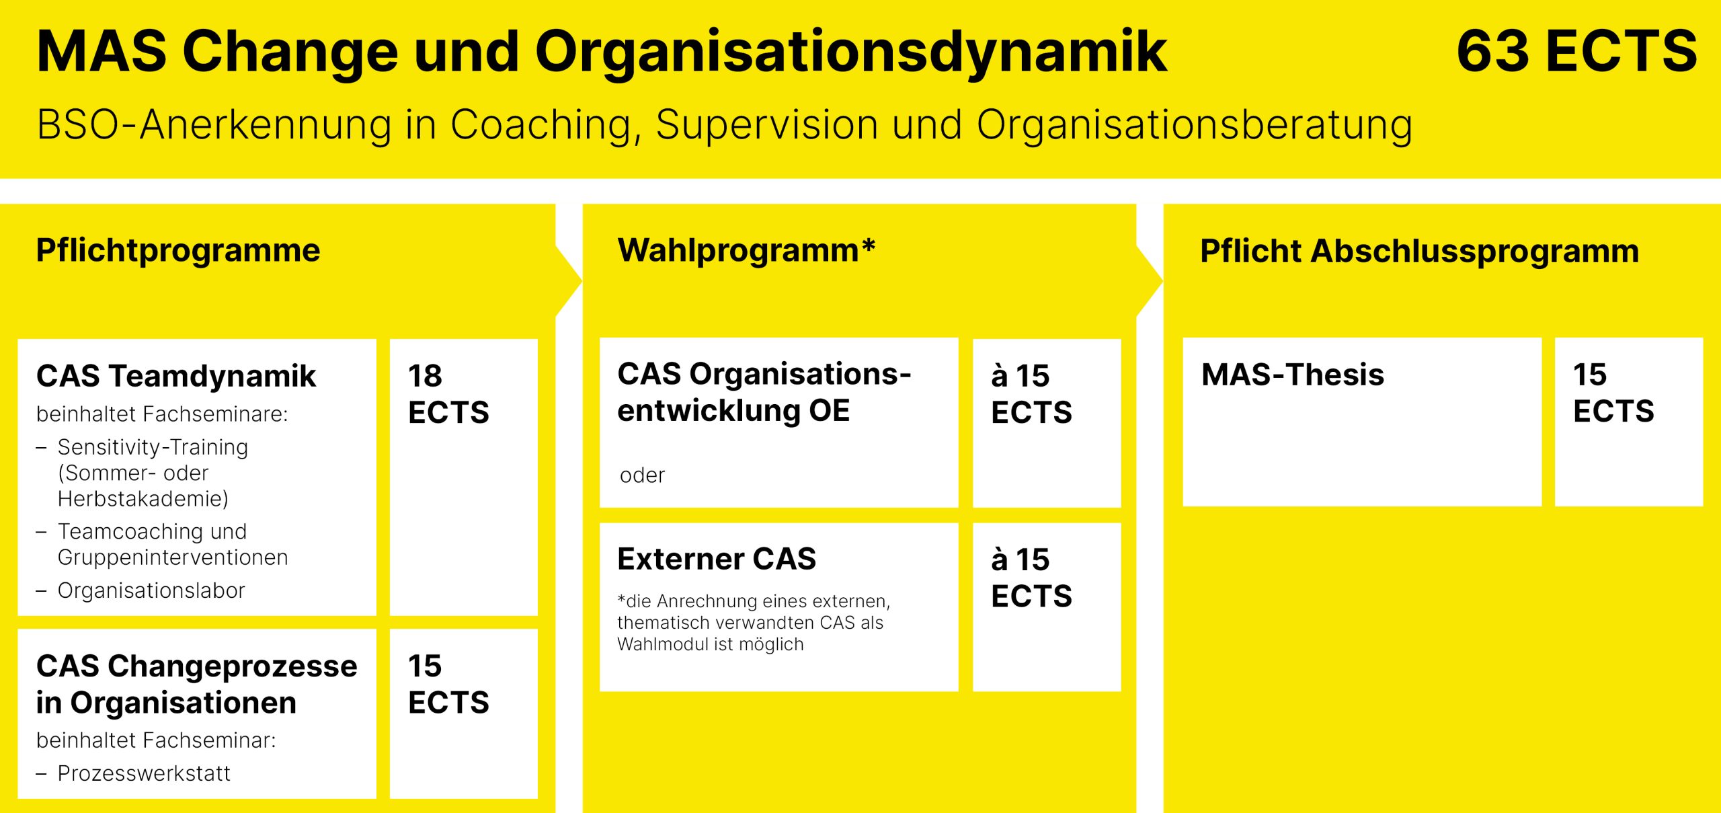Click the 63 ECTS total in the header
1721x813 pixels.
[x=1576, y=51]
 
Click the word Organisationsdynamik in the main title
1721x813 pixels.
[x=851, y=52]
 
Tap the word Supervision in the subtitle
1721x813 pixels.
[x=767, y=124]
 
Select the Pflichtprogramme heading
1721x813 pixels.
[x=178, y=251]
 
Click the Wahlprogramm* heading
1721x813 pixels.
[x=746, y=251]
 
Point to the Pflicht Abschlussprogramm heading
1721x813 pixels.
[x=1420, y=251]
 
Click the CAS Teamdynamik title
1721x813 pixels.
[x=176, y=376]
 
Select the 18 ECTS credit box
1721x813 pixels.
[x=464, y=477]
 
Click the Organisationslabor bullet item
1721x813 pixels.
[x=151, y=590]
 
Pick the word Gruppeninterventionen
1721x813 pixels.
[x=173, y=557]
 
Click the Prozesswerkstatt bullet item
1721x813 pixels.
[x=144, y=773]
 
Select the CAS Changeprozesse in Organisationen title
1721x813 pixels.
[x=197, y=685]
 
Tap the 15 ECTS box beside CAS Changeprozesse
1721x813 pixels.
[x=464, y=713]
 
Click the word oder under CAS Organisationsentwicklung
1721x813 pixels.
[x=642, y=475]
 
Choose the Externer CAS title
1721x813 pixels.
[x=717, y=559]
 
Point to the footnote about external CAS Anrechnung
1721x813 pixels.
[x=754, y=623]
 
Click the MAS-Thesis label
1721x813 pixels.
[x=1293, y=375]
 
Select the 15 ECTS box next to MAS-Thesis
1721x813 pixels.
[x=1629, y=422]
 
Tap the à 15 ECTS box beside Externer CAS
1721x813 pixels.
[x=1047, y=607]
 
